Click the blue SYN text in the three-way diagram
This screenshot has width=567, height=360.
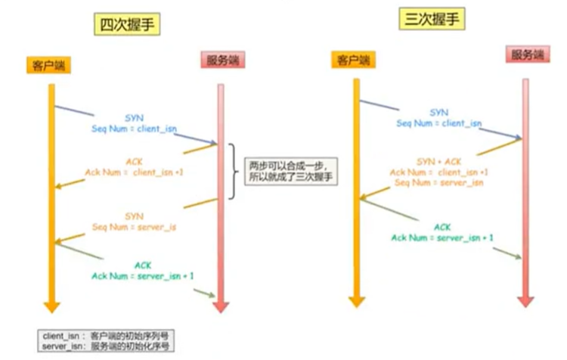click(x=438, y=112)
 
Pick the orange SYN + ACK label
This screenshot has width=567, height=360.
click(x=438, y=162)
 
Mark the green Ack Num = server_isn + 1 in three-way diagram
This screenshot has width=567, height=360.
click(x=442, y=237)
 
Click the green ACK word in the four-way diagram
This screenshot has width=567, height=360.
click(x=142, y=265)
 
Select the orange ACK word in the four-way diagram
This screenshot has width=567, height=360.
click(x=132, y=161)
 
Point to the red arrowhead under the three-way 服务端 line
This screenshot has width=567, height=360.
click(x=525, y=300)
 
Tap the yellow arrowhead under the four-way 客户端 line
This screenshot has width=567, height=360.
click(x=51, y=306)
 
